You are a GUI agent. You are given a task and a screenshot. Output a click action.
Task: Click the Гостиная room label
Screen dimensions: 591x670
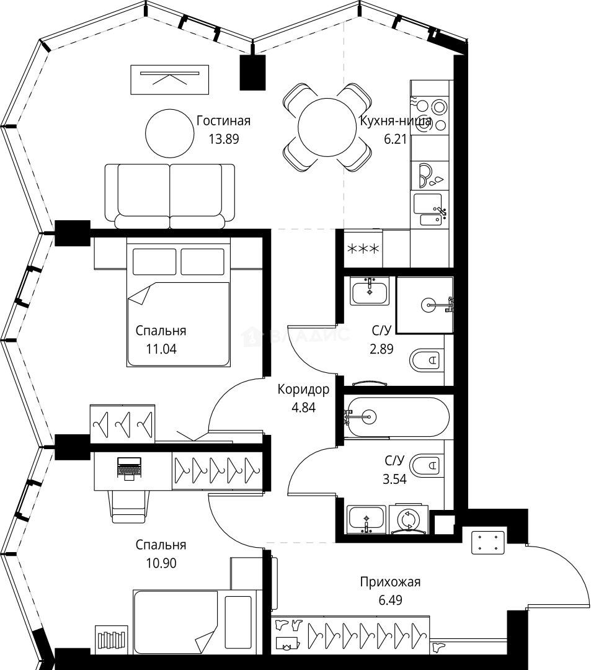pos(223,121)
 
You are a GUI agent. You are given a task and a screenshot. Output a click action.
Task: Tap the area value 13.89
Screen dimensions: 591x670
pos(223,139)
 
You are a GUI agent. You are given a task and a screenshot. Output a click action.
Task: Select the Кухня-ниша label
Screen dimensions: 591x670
pos(396,122)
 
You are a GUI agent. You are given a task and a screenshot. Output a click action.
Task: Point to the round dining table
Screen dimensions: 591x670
pos(327,127)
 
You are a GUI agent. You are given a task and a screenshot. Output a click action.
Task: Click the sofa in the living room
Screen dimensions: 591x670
pos(170,196)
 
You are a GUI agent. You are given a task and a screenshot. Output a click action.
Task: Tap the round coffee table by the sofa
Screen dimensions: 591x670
pos(169,133)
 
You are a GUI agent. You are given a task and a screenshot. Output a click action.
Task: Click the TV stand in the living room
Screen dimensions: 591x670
pos(169,79)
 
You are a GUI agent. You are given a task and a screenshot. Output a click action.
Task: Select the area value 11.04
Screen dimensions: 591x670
pos(161,349)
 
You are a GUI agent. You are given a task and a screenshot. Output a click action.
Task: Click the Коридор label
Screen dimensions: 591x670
pos(303,389)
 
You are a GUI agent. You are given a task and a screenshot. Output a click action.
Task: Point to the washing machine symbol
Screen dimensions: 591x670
pos(409,519)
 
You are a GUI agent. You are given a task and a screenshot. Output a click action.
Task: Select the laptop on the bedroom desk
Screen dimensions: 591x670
pos(129,468)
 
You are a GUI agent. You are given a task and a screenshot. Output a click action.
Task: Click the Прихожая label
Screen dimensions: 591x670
pos(390,581)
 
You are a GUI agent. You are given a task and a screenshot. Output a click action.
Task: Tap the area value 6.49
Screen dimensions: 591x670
pos(390,600)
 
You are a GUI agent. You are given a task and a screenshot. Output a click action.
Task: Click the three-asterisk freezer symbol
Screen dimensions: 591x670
pos(363,249)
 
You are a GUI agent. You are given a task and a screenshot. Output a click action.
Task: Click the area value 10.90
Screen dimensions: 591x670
pos(161,563)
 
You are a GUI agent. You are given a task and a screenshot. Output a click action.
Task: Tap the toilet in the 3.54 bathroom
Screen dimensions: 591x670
pos(425,464)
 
